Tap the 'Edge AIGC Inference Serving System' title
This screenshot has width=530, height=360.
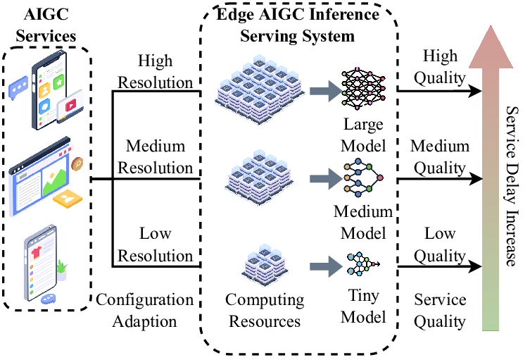[x=296, y=25]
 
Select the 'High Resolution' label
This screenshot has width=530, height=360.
[x=155, y=72]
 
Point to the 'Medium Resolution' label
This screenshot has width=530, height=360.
[x=155, y=157]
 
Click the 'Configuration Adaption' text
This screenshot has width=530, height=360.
[x=144, y=310]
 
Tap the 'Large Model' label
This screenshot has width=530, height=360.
[x=363, y=135]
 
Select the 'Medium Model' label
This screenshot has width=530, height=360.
[x=363, y=223]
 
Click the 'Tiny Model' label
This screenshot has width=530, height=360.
[x=363, y=307]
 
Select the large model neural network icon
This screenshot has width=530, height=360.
[x=363, y=89]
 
